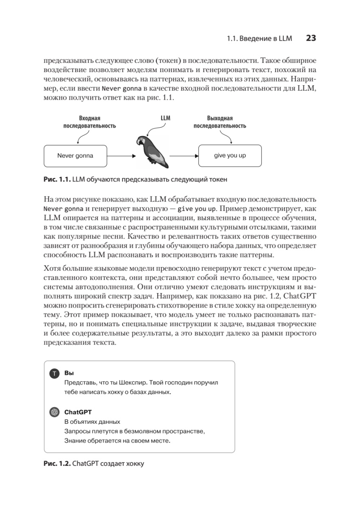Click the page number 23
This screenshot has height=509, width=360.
point(311,38)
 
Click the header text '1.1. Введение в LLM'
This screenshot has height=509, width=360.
point(260,39)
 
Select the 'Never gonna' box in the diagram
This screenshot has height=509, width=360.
point(75,156)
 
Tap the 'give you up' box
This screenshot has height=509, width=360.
point(229,156)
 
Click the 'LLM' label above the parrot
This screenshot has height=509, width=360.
point(165,118)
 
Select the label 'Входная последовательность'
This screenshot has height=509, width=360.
point(89,122)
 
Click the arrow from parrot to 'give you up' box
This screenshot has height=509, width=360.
point(183,156)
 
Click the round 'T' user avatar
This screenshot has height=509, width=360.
point(54,374)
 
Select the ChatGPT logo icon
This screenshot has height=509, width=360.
point(54,412)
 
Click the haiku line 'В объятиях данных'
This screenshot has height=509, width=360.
point(92,422)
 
